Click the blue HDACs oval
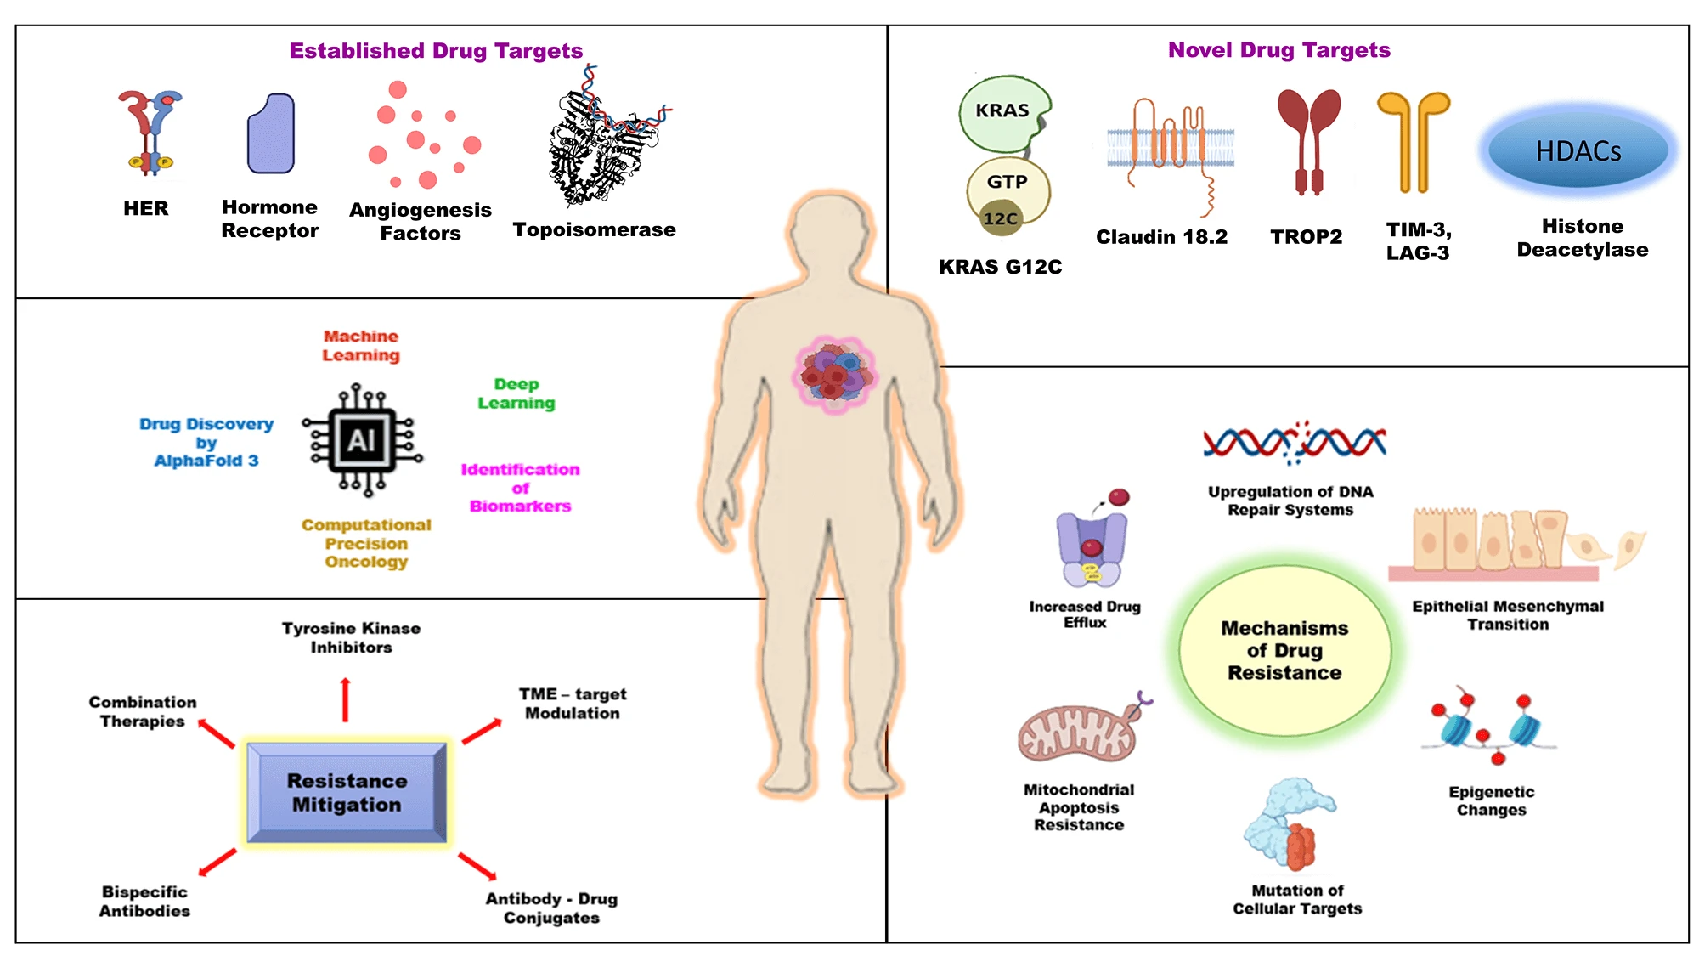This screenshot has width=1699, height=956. pyautogui.click(x=1578, y=150)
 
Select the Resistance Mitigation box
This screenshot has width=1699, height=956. pyautogui.click(x=347, y=792)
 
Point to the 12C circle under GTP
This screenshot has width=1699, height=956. pyautogui.click(x=1001, y=218)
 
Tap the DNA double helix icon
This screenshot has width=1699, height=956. pyautogui.click(x=1294, y=443)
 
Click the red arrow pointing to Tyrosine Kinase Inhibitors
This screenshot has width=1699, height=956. pyautogui.click(x=345, y=699)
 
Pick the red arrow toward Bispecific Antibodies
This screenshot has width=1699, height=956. pyautogui.click(x=217, y=862)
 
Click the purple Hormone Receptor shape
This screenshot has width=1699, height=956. pyautogui.click(x=271, y=134)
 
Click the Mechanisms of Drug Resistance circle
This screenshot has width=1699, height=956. pyautogui.click(x=1284, y=650)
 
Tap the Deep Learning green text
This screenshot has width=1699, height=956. pyautogui.click(x=516, y=393)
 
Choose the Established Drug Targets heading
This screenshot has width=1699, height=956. pyautogui.click(x=436, y=51)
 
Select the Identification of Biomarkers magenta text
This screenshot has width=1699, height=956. pyautogui.click(x=520, y=488)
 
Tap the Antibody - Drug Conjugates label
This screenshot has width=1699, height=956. pyautogui.click(x=551, y=908)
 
